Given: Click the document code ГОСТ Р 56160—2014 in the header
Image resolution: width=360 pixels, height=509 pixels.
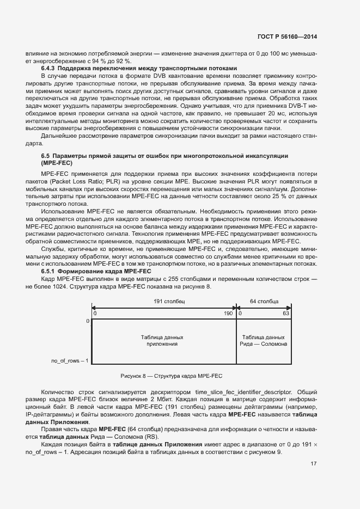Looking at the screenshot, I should pos(286,36).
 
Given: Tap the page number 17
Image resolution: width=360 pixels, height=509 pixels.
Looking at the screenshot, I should pos(313,464).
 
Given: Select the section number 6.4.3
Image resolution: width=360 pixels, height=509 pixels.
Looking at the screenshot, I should pos(50,68).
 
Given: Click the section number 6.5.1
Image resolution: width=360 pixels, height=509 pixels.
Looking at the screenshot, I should pos(50,271).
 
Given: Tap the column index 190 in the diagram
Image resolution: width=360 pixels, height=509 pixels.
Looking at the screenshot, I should pos(228,314).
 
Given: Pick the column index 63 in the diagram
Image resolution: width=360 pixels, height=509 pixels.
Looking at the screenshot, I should pos(286,314).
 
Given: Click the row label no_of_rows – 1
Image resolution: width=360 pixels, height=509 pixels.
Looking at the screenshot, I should pos(70,360).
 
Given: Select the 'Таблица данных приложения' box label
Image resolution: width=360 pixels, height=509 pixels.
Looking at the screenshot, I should pos(162,341).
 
